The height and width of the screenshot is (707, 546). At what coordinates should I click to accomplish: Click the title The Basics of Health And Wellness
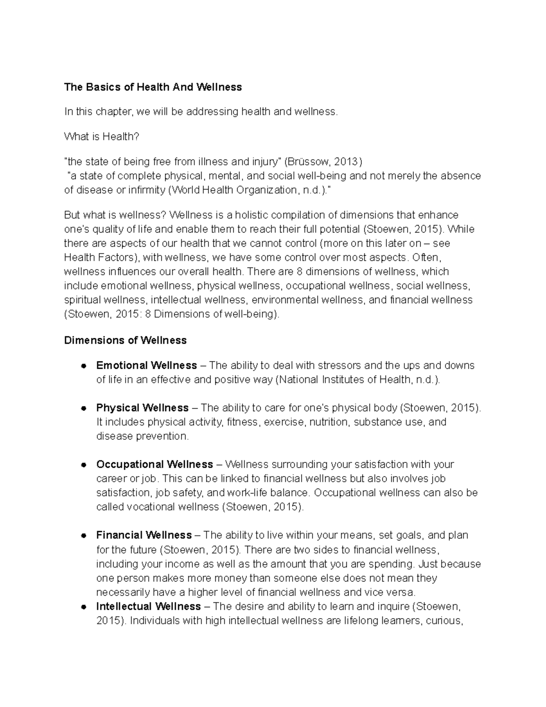click(x=153, y=87)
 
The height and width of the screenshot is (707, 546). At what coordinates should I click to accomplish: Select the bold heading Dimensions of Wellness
click(x=125, y=340)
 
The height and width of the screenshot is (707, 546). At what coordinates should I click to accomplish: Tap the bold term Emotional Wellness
click(x=147, y=365)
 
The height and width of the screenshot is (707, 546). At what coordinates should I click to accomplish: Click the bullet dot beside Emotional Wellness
click(x=84, y=366)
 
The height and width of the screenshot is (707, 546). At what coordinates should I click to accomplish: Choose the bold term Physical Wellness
click(x=142, y=407)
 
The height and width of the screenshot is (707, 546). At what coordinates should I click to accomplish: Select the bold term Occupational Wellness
click(x=155, y=464)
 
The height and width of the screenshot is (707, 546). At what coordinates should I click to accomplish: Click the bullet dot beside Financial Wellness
click(x=84, y=535)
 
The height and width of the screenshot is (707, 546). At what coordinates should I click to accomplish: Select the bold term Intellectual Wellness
click(x=148, y=606)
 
